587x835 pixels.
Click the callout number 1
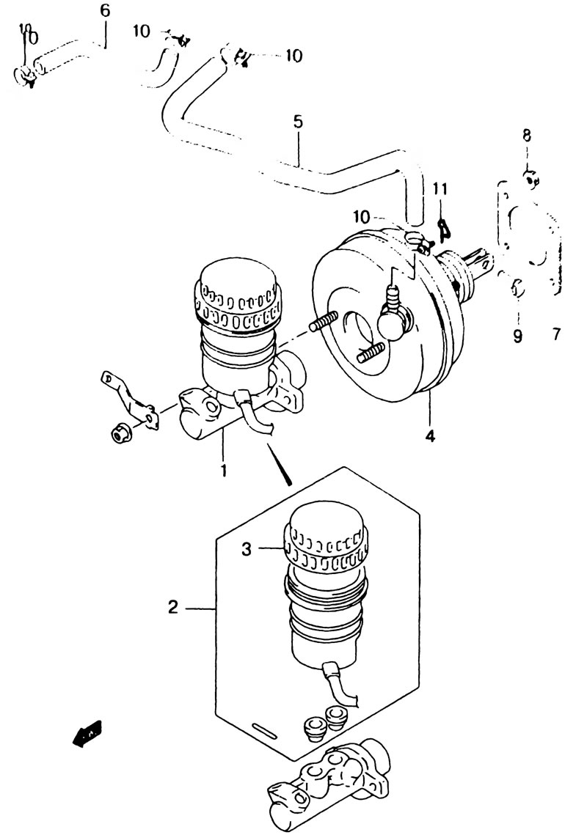224,470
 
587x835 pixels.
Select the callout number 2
172,606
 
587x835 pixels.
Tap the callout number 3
246,550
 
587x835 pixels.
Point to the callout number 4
430,436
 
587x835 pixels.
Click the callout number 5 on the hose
298,122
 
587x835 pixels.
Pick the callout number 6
105,11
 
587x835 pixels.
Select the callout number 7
556,334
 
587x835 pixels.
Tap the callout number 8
526,136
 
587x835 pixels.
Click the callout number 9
518,336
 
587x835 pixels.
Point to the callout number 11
440,189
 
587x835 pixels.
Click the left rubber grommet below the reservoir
313,725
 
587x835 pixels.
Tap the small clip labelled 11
442,228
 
